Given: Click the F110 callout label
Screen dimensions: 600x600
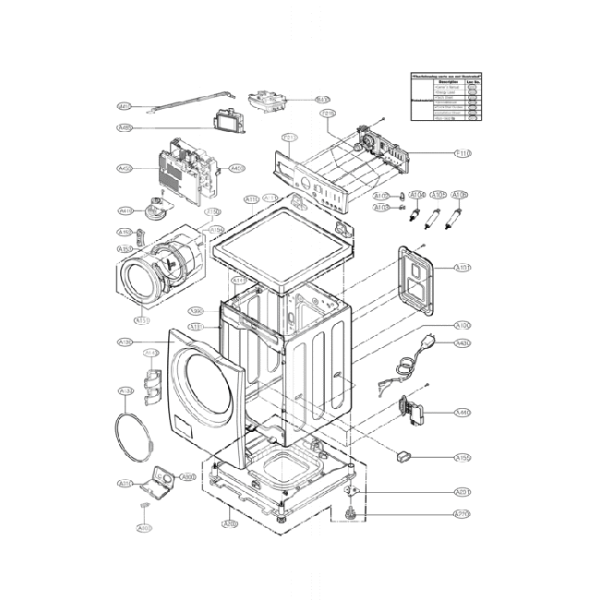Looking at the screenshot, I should [x=462, y=152].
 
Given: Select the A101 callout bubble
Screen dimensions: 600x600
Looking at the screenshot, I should [x=462, y=268].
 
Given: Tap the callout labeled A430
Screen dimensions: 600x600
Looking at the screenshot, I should [x=462, y=344].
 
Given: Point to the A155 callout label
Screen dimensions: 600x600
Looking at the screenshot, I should [x=462, y=457].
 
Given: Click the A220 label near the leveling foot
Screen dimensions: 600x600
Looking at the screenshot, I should [x=462, y=513].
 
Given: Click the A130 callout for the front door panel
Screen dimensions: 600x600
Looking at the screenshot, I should [x=126, y=342].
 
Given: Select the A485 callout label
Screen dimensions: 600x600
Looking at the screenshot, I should [x=126, y=127].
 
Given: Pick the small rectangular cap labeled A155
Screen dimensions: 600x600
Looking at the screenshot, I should [x=404, y=454].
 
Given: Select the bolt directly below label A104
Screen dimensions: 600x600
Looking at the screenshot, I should [x=426, y=221].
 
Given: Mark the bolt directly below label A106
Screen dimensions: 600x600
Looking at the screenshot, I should [x=455, y=222].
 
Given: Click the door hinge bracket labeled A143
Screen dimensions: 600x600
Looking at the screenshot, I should [x=152, y=381].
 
